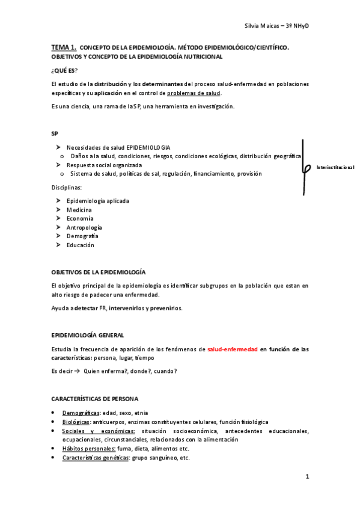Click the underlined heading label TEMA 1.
coord(63,46)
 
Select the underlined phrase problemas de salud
coord(194,93)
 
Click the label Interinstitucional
coord(335,167)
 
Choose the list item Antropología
coord(84,227)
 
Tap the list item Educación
coord(81,245)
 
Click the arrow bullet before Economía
coord(58,218)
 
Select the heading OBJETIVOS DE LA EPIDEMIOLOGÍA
coord(99,272)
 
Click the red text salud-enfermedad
coord(233,349)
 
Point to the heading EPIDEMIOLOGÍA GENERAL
coord(88,334)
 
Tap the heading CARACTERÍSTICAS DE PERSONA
coord(94,399)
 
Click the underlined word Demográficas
coord(81,413)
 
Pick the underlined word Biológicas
coord(76,422)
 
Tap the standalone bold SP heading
coord(55,133)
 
